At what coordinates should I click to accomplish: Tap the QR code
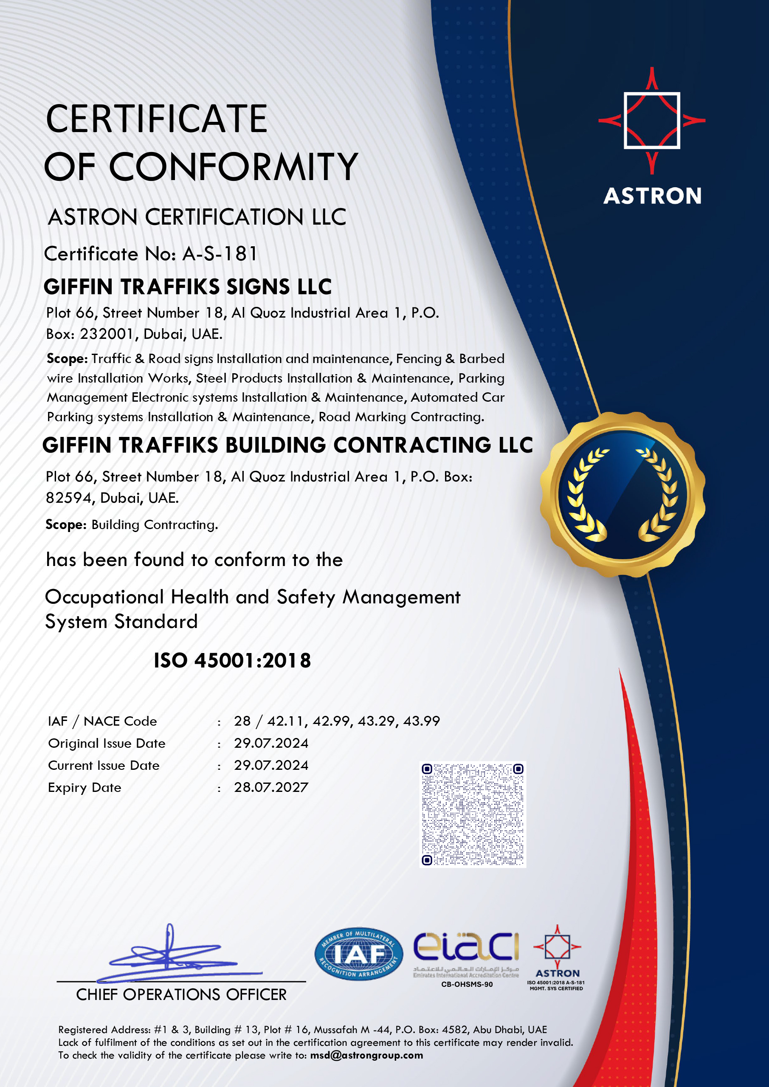[473, 814]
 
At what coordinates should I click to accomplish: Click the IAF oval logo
[358, 954]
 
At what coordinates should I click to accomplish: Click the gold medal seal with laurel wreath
[622, 494]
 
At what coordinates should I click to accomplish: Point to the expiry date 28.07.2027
[271, 787]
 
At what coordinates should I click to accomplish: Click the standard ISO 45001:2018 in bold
[232, 660]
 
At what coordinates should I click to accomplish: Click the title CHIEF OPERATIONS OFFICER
[181, 995]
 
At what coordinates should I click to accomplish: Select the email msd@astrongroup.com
[366, 1055]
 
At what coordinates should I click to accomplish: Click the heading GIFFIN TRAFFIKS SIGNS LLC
[188, 287]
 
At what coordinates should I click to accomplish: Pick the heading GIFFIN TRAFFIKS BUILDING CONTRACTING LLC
[287, 445]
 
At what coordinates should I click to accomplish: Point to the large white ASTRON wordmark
[652, 196]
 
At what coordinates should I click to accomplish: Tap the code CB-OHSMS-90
[467, 984]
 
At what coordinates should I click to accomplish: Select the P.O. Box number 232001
[107, 334]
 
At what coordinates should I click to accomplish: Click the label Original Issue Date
[107, 743]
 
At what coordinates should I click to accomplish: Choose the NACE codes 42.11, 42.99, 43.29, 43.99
[353, 721]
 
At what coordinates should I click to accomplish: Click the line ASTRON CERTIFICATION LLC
[197, 217]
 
